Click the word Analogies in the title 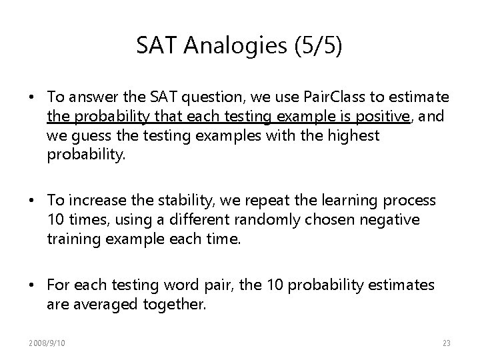(221, 46)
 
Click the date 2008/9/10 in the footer (47, 343)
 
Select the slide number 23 (447, 343)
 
